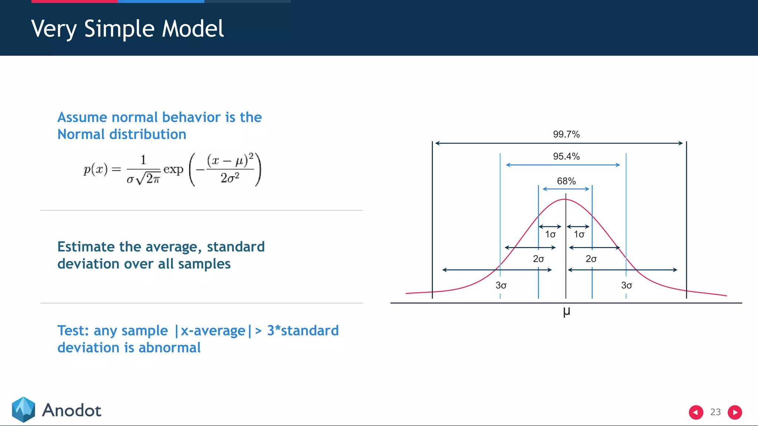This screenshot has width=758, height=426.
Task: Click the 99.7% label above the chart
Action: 566,134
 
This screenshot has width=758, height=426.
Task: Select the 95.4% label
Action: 566,156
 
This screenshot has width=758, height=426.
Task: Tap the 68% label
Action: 566,181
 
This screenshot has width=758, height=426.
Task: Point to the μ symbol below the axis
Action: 566,312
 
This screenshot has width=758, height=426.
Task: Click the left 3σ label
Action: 501,285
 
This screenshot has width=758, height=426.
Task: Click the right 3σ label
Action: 626,285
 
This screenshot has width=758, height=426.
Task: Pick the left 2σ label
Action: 538,259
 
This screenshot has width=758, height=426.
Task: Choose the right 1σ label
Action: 579,234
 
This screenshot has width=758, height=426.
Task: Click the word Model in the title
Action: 193,29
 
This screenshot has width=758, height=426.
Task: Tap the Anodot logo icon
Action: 23,409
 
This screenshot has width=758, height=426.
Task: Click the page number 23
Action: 715,412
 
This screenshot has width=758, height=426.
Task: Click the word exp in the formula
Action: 173,170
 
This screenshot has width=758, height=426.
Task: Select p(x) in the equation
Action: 95,169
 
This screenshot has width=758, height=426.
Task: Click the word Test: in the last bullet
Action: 73,331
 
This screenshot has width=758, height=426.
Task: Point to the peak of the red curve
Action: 565,200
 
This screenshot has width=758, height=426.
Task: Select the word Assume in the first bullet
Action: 82,117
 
